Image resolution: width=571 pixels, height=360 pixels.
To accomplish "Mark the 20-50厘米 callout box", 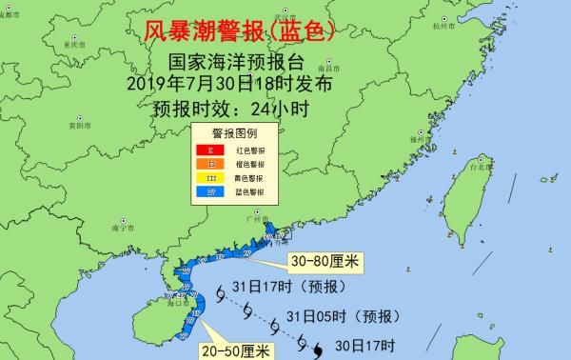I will [x=236, y=350].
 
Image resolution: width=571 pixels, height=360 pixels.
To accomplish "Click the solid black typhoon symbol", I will [x=316, y=352].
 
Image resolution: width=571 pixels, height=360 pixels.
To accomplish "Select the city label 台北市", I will [x=487, y=167].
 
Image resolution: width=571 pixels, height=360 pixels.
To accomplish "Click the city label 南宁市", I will [x=120, y=229].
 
